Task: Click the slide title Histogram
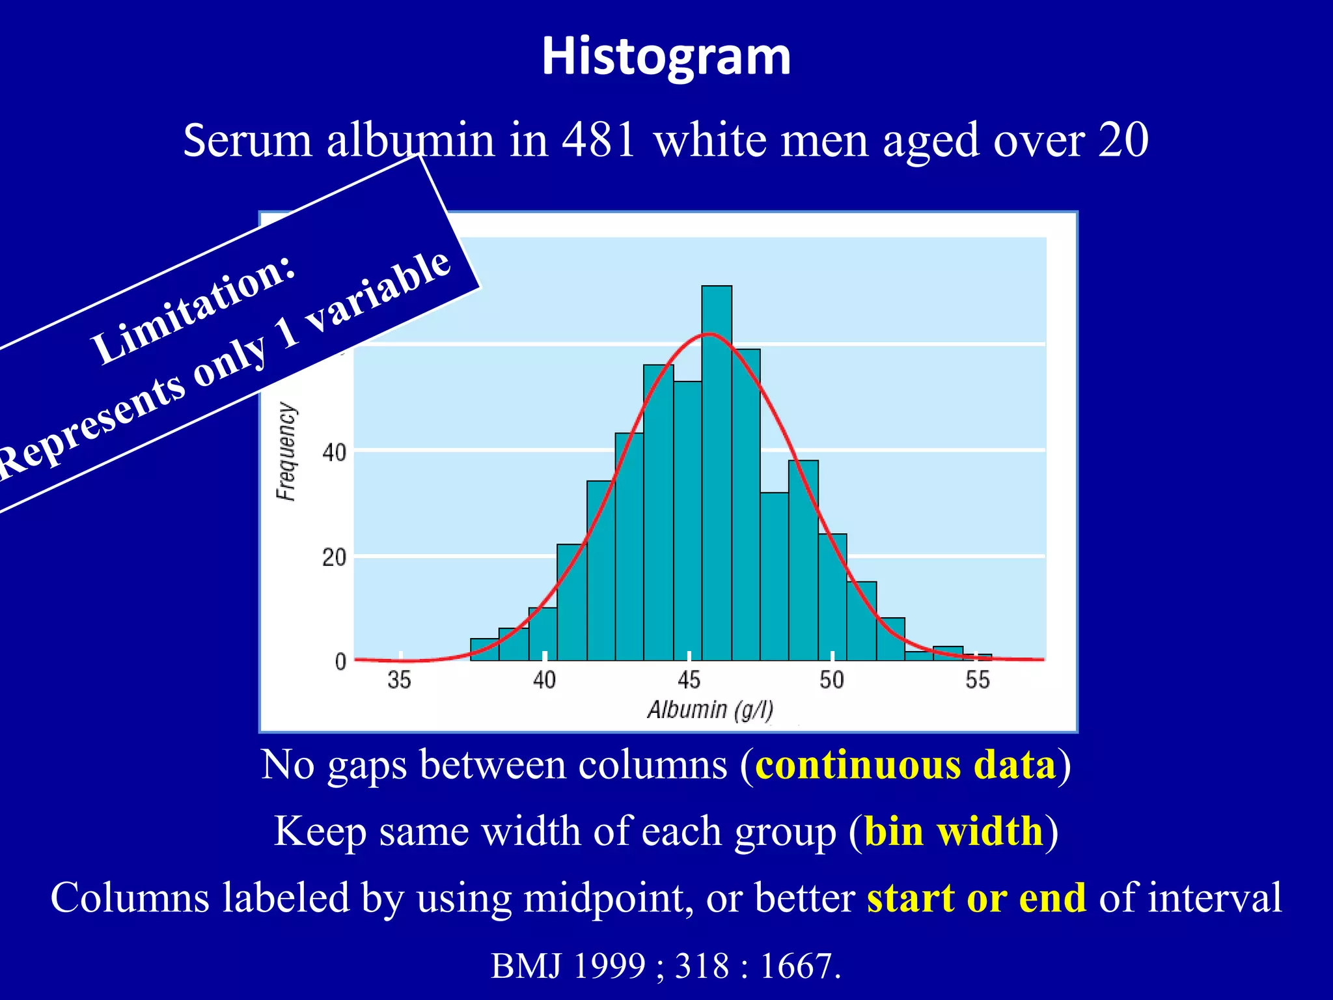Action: pos(666,57)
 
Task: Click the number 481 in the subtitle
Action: pos(598,140)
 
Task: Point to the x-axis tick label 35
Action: pos(399,680)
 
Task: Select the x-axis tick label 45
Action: pos(689,680)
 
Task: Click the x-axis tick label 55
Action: pos(977,680)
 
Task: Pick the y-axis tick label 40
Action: pos(334,452)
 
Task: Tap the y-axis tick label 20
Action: pos(334,558)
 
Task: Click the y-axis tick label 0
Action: pos(340,662)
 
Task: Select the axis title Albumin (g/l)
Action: pos(710,710)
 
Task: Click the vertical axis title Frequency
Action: pos(286,451)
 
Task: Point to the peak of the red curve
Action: pos(709,335)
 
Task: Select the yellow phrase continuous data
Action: pos(905,765)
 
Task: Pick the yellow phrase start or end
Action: pos(976,898)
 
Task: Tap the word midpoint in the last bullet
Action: pos(608,898)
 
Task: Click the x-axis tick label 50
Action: pos(832,680)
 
